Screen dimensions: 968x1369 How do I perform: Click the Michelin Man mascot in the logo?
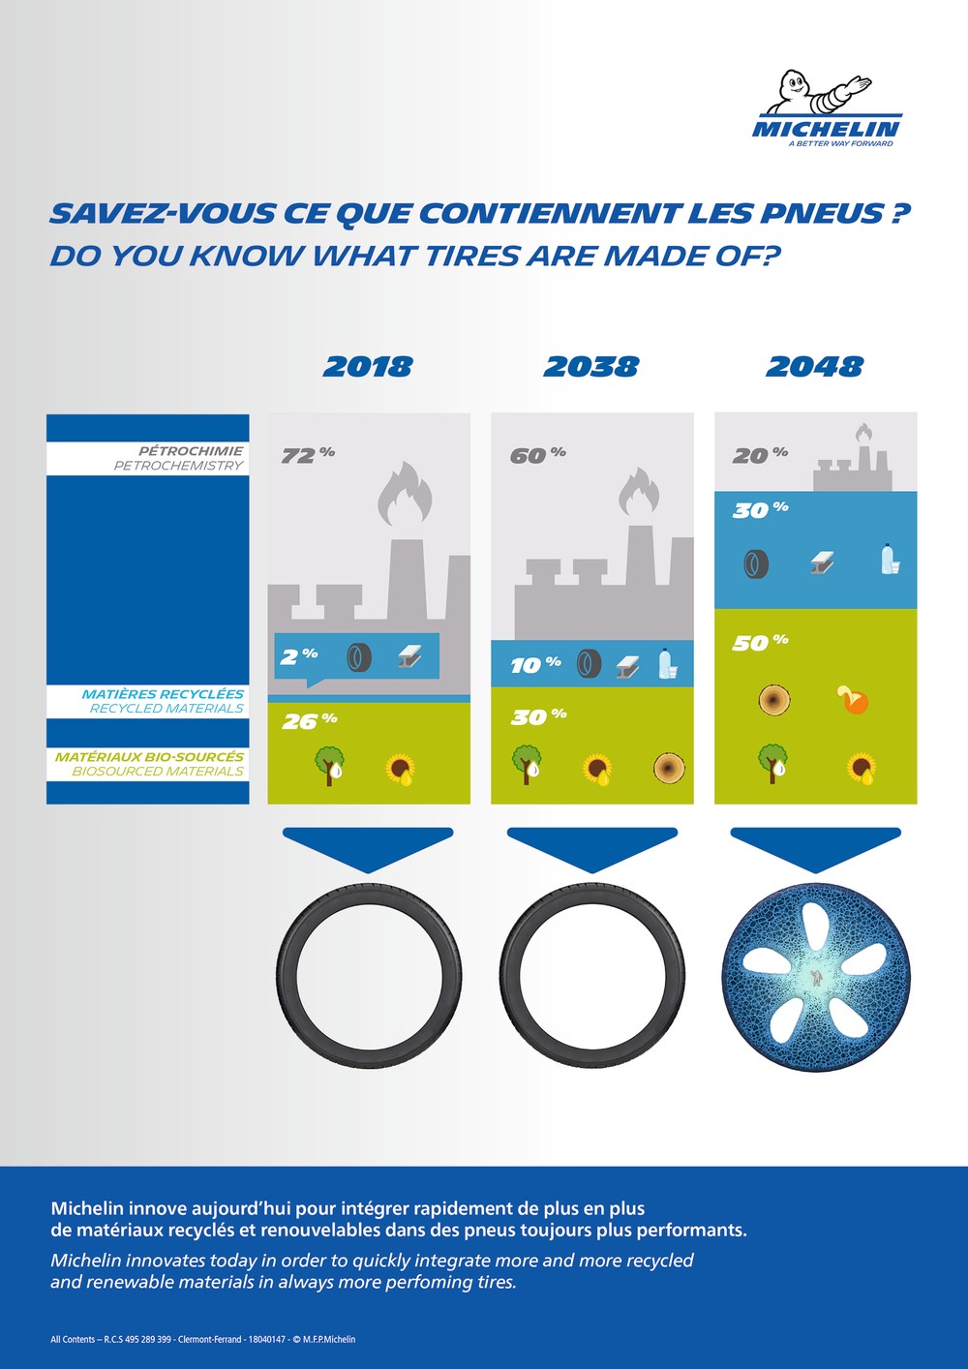point(818,92)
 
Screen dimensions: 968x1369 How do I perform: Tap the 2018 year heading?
point(368,367)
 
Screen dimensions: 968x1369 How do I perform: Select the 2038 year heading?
point(590,367)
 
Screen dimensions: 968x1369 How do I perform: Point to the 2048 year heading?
point(815,367)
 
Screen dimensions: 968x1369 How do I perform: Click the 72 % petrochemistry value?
point(308,455)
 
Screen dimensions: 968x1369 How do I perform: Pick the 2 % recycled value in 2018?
point(299,656)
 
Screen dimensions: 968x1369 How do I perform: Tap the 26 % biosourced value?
point(309,721)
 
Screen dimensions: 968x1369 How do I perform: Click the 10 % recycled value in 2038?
point(536,665)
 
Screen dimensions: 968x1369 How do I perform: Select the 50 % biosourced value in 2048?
point(760,643)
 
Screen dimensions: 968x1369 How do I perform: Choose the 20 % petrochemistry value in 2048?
point(760,455)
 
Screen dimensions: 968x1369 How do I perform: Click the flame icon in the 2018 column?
point(405,494)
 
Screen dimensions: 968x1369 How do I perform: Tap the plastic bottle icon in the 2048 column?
point(890,560)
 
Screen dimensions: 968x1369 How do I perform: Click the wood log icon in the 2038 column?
point(669,768)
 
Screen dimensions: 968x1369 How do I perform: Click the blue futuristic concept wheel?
point(816,977)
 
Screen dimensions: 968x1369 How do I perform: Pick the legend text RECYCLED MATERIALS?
point(166,709)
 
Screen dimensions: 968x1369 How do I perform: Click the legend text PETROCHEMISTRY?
point(178,466)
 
